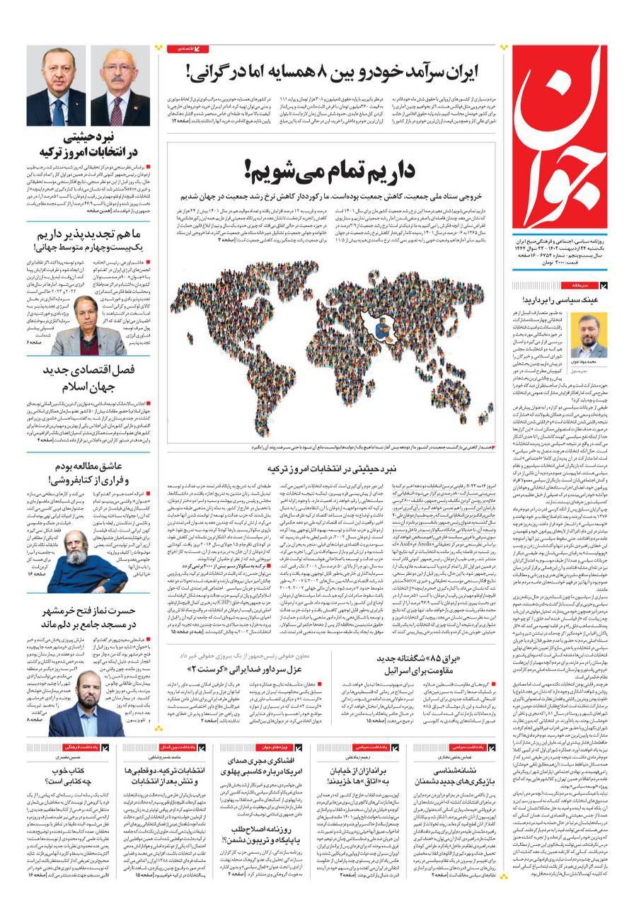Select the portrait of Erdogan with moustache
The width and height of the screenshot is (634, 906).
tap(58, 88)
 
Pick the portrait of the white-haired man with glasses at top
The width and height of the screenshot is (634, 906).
tap(122, 88)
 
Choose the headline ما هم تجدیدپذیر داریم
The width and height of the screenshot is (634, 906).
tap(88, 239)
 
